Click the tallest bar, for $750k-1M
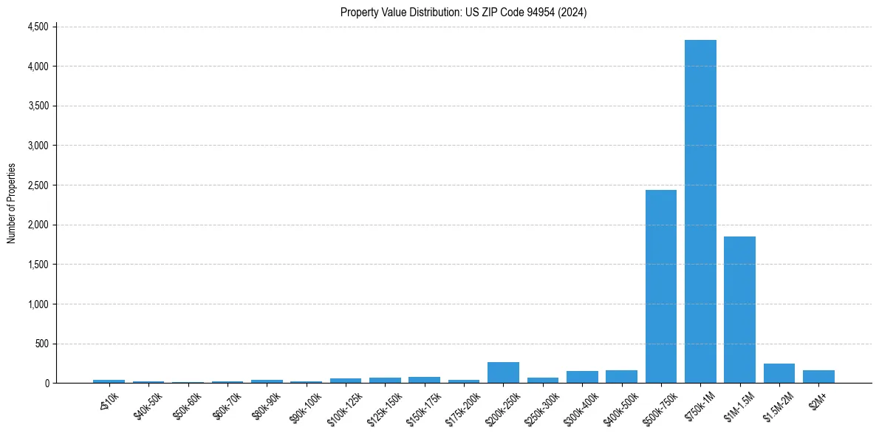click(700, 211)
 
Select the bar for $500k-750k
click(661, 287)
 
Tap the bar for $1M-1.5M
click(739, 310)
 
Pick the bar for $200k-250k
click(503, 372)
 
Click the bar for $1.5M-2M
click(779, 373)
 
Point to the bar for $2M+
click(818, 377)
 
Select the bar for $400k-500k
click(621, 377)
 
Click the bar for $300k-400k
click(582, 377)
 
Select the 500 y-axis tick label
click(41, 344)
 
